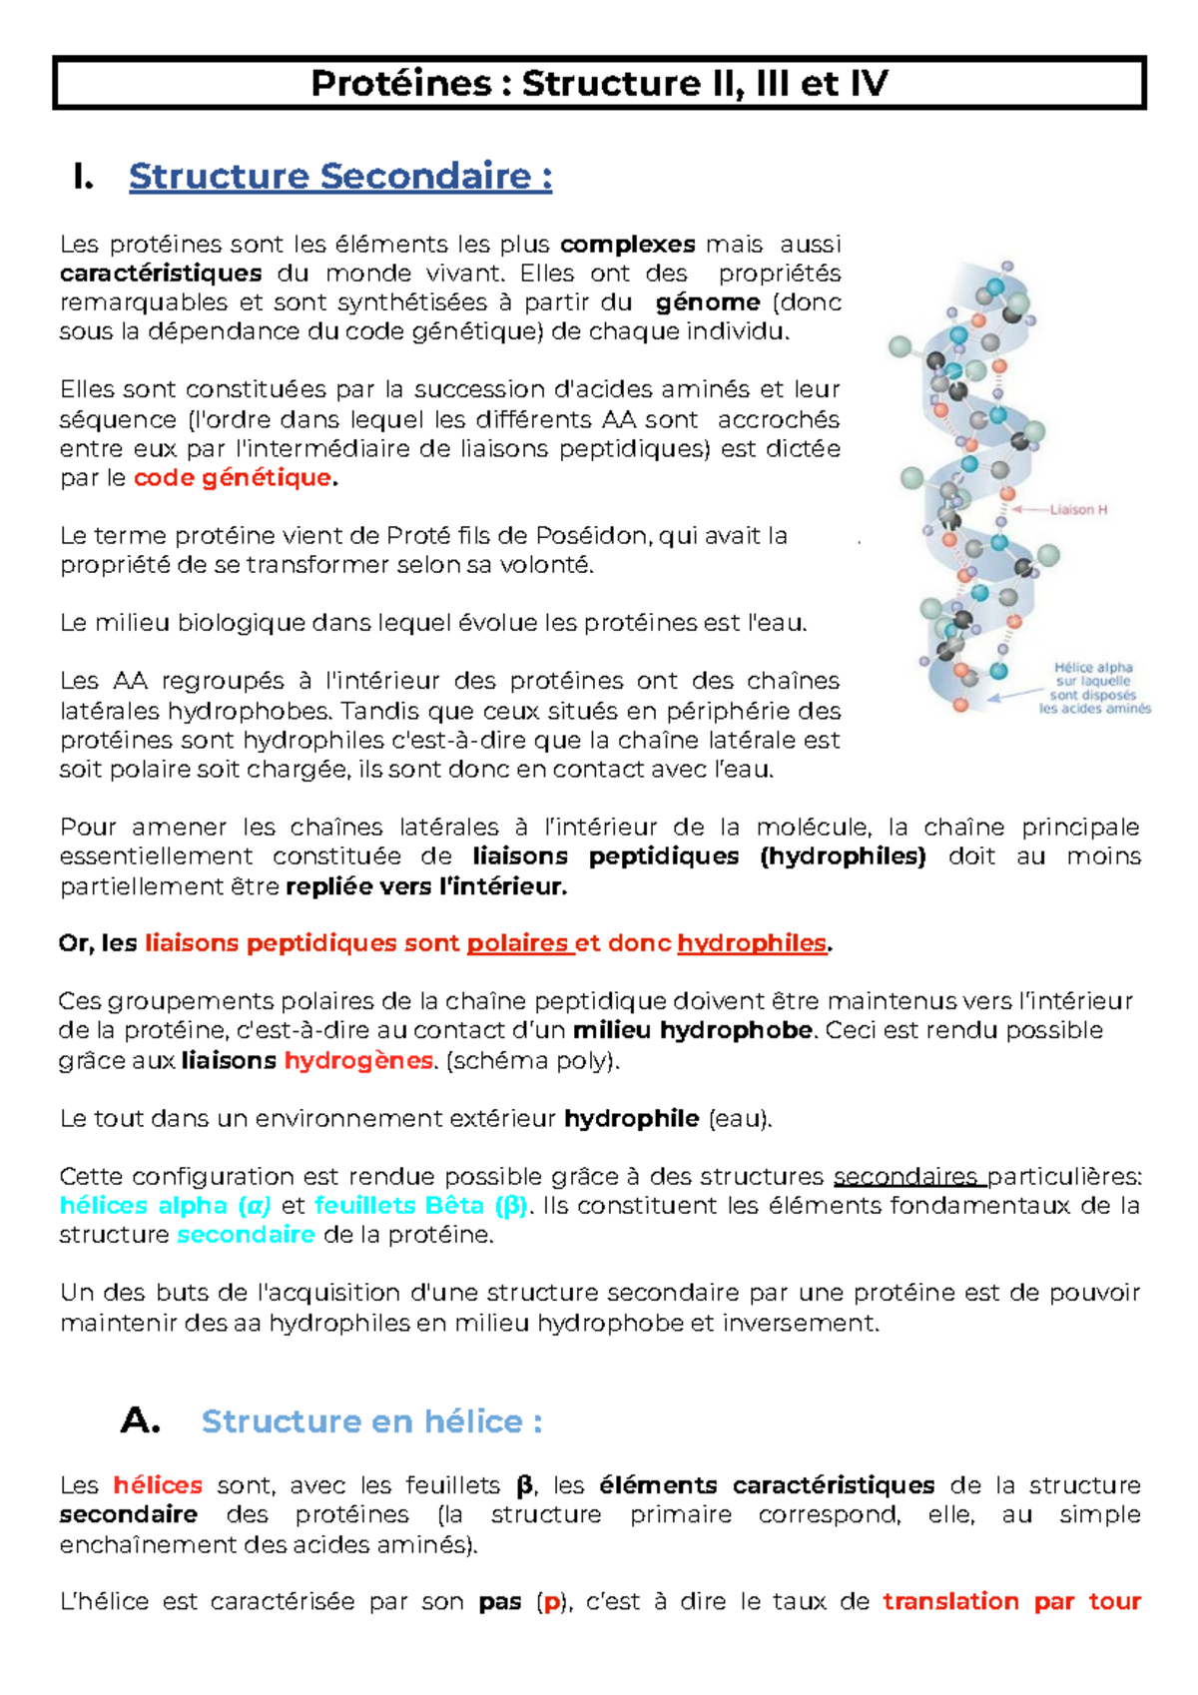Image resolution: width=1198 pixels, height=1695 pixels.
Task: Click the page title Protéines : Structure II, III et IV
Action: (x=599, y=83)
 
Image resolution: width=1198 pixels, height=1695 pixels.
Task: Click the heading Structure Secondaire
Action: (x=339, y=177)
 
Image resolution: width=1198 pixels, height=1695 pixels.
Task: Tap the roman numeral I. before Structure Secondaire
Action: (x=84, y=177)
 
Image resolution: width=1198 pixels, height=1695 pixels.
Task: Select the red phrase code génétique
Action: (x=233, y=478)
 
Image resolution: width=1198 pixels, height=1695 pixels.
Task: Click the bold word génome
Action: (x=708, y=302)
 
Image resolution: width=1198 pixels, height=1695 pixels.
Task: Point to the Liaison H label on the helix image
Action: (x=1078, y=510)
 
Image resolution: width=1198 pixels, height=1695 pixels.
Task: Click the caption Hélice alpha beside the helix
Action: (x=1093, y=668)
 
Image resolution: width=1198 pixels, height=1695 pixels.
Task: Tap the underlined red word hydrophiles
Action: (x=752, y=943)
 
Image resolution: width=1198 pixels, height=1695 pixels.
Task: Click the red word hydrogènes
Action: (x=358, y=1060)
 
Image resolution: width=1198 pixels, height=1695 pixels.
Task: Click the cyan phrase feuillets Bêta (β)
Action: (x=420, y=1206)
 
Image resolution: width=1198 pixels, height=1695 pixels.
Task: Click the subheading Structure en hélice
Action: (x=371, y=1421)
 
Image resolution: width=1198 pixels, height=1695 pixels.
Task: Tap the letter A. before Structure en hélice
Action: (x=140, y=1421)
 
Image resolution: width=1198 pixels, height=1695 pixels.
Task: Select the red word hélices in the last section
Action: (x=158, y=1485)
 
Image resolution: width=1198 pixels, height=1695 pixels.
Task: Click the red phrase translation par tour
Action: (x=1011, y=1602)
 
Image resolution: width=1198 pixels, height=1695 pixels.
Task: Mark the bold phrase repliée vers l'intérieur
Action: (x=426, y=886)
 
